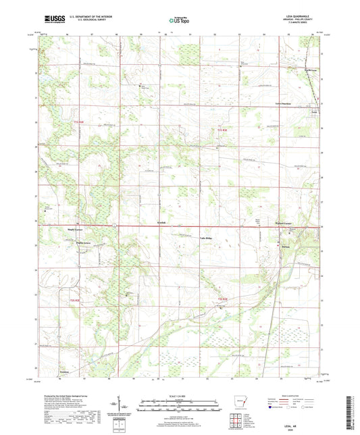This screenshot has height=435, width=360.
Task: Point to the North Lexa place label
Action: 309,69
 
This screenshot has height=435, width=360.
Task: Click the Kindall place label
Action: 153,230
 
